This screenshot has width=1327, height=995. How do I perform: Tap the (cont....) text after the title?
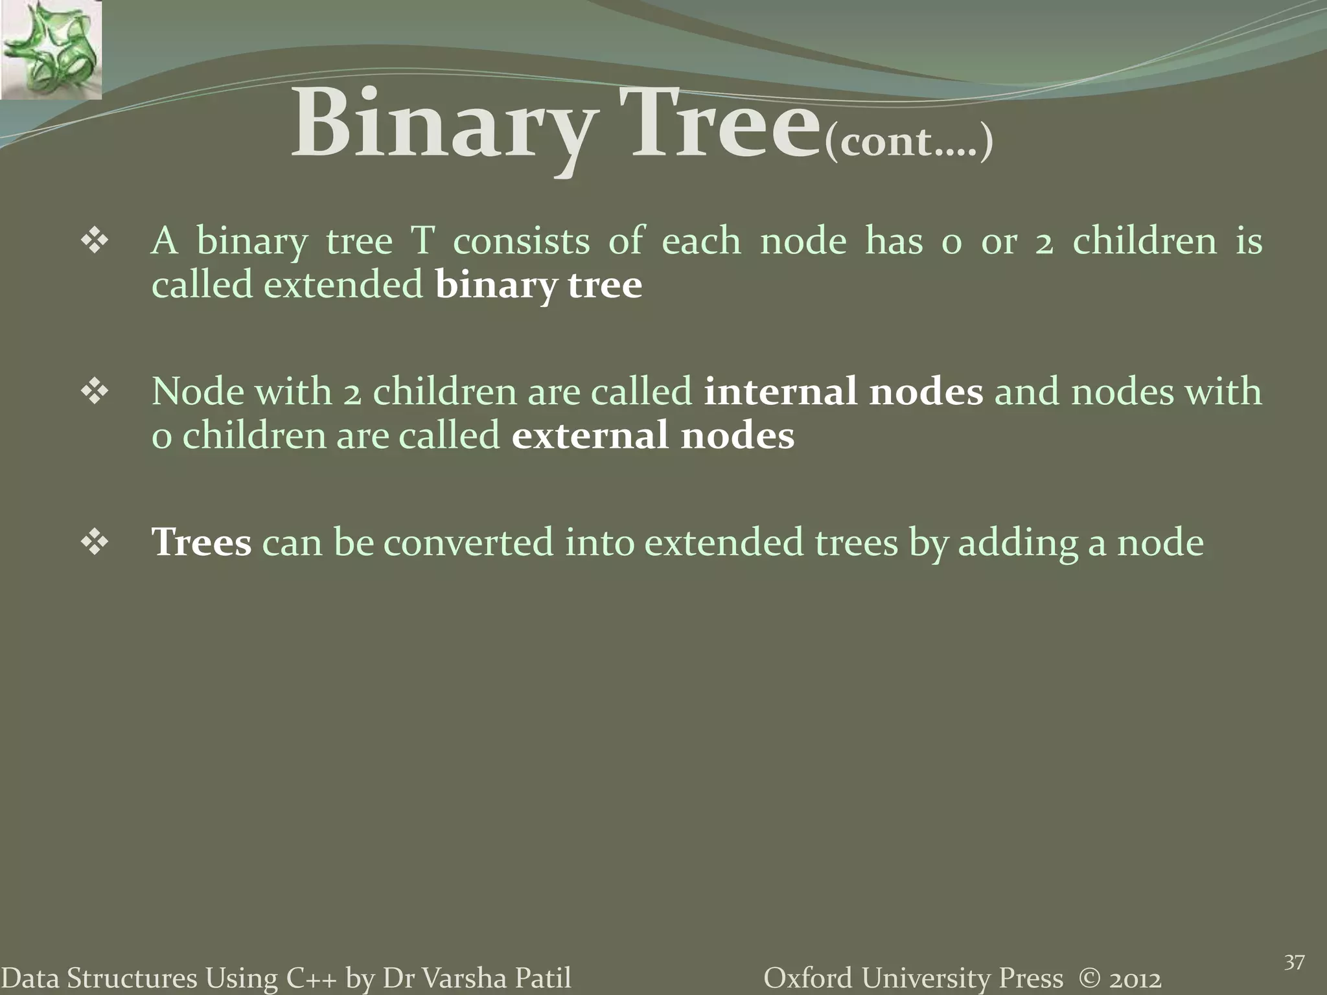click(908, 142)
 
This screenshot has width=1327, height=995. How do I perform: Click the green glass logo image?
click(51, 50)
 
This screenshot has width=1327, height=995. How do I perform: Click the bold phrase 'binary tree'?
click(538, 285)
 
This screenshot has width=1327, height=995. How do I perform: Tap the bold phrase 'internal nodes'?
click(843, 392)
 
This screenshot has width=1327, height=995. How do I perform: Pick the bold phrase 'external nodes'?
click(652, 435)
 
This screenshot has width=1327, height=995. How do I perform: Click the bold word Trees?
click(202, 542)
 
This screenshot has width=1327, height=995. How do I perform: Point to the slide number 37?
click(1294, 963)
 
